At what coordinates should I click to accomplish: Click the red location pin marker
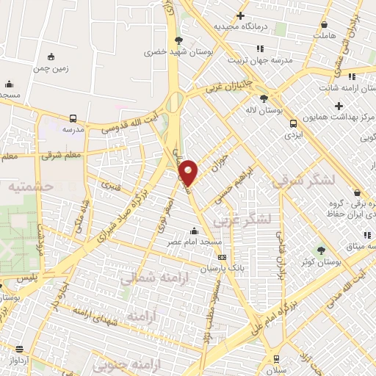(189, 172)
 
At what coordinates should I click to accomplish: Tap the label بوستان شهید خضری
(176, 52)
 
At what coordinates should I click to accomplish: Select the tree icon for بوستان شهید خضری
(178, 40)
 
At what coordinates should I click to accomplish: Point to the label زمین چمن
(51, 68)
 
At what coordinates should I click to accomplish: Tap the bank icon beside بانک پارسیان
(222, 258)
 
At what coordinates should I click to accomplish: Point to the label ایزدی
(293, 136)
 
